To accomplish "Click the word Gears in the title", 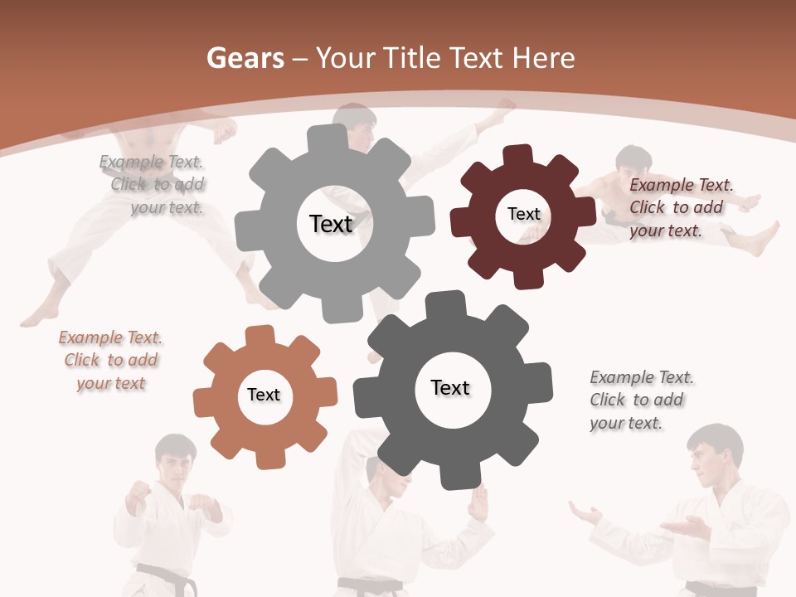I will (x=245, y=58).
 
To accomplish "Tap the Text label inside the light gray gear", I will (x=331, y=224).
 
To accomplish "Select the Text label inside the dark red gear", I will (x=523, y=214).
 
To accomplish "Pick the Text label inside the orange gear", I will (x=264, y=395).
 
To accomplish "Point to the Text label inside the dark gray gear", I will (x=450, y=387).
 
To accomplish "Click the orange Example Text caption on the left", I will (x=110, y=361).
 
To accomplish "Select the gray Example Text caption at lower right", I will (x=640, y=400).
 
